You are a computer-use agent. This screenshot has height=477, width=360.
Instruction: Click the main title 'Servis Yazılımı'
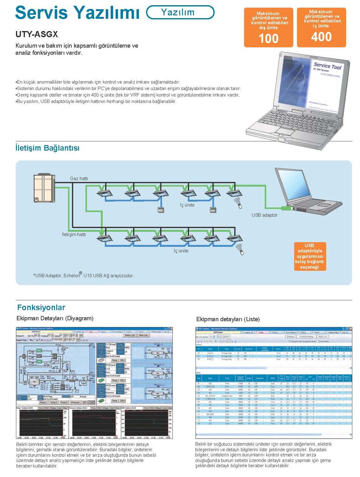[x=77, y=13]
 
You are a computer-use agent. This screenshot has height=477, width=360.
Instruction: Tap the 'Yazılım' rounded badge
[x=180, y=12]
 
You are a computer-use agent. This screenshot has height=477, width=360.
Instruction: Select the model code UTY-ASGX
[x=37, y=34]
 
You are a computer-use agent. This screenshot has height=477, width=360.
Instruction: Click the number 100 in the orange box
[x=268, y=38]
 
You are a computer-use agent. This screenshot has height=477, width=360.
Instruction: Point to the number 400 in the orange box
[x=321, y=37]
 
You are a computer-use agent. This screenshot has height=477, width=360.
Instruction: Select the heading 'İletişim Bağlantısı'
[x=47, y=148]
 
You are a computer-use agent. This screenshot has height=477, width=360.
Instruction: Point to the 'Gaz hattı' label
[x=79, y=179]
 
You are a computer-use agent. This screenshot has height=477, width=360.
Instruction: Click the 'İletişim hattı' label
[x=74, y=235]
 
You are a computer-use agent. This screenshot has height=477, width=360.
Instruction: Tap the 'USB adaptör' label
[x=264, y=215]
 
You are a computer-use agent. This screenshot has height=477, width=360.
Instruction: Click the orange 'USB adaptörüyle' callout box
[x=309, y=256]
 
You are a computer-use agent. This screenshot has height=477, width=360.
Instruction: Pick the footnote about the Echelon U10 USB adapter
[x=84, y=275]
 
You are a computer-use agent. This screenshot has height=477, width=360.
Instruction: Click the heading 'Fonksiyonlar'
[x=41, y=307]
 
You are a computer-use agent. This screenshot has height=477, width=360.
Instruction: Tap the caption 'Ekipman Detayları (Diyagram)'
[x=55, y=318]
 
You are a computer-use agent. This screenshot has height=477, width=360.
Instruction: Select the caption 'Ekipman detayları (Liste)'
[x=228, y=319]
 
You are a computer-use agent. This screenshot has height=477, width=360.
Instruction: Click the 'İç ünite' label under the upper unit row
[x=187, y=205]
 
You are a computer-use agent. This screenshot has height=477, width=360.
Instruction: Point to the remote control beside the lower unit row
[x=242, y=252]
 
